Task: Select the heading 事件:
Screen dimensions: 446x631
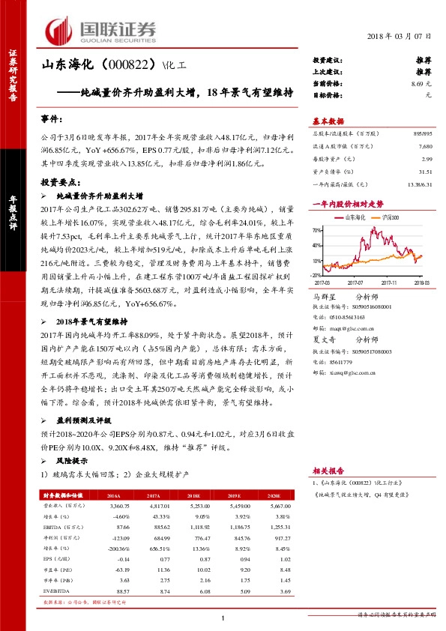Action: click(x=53, y=118)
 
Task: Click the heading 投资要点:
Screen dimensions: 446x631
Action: click(x=59, y=181)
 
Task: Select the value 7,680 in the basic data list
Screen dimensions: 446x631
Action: click(x=426, y=147)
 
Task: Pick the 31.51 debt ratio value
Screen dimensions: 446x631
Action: click(x=426, y=172)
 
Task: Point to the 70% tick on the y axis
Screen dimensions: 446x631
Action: click(x=319, y=230)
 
